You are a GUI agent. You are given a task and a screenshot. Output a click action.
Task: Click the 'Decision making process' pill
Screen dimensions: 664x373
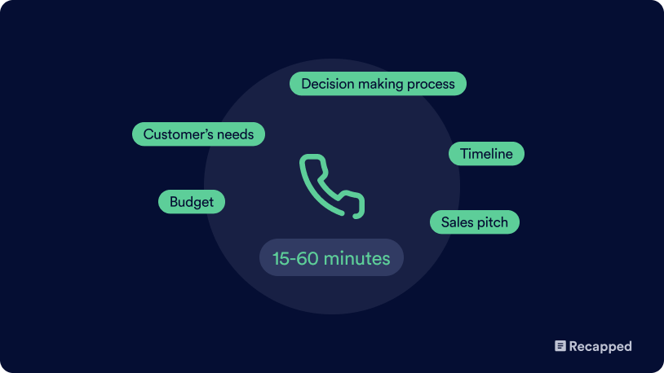coord(378,84)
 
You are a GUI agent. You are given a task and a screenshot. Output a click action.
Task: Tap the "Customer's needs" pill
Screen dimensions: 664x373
coord(198,134)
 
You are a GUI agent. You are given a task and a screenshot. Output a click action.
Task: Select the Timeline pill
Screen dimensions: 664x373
coord(486,153)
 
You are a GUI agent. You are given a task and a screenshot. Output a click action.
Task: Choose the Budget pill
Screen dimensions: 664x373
coord(192,202)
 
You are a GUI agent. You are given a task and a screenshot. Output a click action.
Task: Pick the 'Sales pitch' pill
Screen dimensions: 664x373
coord(474,222)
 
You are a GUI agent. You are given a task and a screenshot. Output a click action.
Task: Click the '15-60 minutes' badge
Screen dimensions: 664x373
coord(331,257)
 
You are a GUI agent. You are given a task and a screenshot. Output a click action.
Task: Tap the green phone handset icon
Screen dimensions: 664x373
coord(331,186)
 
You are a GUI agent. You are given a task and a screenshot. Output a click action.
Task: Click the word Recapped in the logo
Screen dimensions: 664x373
coord(600,346)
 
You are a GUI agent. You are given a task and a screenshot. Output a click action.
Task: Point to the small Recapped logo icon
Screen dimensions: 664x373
coord(560,346)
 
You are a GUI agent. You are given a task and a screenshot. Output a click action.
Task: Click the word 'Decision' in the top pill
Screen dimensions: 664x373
coord(327,84)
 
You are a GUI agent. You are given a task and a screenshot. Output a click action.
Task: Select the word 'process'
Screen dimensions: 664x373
coord(431,85)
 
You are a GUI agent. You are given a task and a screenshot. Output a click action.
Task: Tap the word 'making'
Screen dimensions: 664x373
coord(380,84)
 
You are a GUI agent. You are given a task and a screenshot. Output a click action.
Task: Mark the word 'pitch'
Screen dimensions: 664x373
coord(494,222)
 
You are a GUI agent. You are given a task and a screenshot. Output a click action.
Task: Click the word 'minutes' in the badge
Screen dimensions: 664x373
coord(357,258)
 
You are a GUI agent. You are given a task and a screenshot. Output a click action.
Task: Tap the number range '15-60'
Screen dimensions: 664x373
coord(295,258)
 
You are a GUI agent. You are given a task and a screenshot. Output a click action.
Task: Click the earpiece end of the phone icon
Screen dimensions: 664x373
coord(313,160)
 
